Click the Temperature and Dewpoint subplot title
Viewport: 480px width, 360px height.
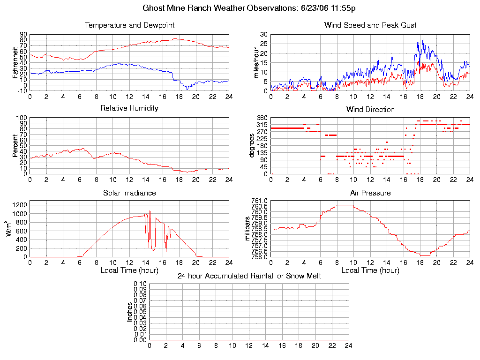click(129, 25)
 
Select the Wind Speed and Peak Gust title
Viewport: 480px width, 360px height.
click(370, 25)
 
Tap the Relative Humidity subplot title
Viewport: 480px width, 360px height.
click(129, 108)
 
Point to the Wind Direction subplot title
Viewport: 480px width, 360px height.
click(370, 109)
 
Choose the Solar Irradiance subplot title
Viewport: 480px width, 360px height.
click(129, 193)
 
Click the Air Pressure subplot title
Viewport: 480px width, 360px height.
click(370, 193)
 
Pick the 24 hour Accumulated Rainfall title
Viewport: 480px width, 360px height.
click(249, 276)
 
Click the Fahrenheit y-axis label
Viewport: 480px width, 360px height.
click(15, 62)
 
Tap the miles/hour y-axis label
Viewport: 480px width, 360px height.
click(256, 62)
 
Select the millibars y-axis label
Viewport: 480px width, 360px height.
click(248, 229)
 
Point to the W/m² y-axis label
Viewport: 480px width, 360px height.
click(8, 229)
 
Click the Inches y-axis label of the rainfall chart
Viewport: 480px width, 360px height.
click(129, 312)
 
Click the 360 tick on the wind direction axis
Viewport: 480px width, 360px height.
click(262, 118)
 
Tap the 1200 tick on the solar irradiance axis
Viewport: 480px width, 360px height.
click(21, 205)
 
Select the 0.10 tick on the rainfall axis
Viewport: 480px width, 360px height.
click(140, 284)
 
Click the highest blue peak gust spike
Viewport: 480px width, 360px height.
click(423, 39)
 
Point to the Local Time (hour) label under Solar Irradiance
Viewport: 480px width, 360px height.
click(129, 270)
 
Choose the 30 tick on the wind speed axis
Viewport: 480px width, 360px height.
click(263, 35)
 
